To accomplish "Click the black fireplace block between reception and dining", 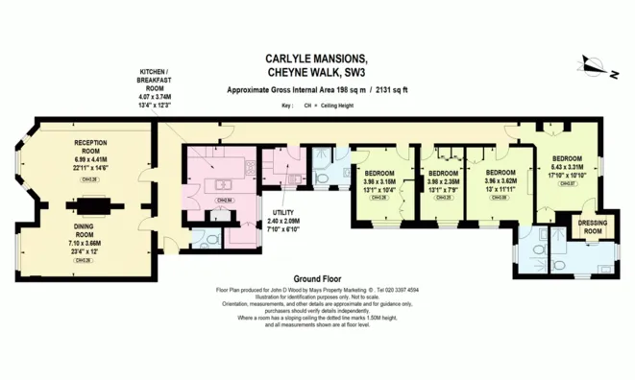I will tap(93, 203).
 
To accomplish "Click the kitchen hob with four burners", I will tap(254, 167).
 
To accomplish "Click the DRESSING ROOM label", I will tap(593, 228).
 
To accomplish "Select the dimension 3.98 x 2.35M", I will tap(444, 181).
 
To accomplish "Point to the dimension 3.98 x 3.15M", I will tap(379, 181).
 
